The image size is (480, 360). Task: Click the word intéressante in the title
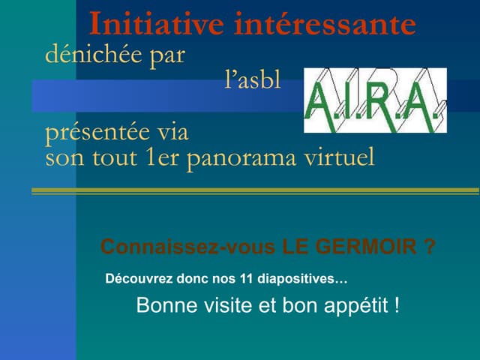coord(325,24)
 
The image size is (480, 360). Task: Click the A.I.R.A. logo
coord(375,100)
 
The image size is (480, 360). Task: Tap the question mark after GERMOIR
coord(429,247)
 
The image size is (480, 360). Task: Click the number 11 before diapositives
coord(245,279)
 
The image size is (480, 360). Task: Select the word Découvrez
coord(139,279)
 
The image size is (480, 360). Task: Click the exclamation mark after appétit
coord(396,306)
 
